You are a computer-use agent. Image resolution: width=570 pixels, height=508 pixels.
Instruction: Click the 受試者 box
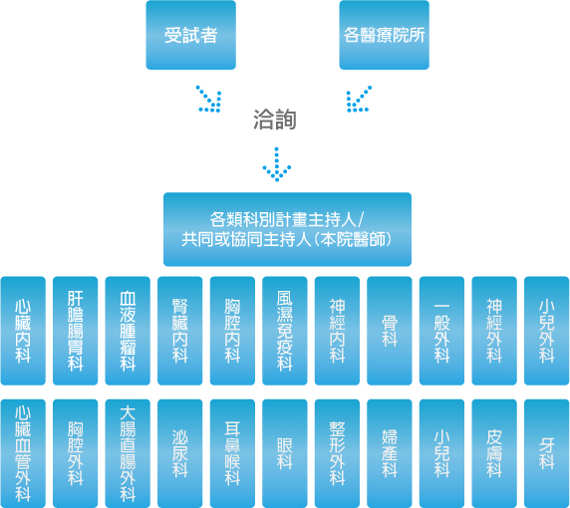tap(191, 35)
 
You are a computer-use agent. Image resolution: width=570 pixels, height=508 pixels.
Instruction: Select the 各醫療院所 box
tap(385, 35)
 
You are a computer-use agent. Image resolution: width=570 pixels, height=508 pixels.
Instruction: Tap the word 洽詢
tap(275, 120)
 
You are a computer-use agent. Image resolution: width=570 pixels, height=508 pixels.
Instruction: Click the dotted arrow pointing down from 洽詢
tap(277, 164)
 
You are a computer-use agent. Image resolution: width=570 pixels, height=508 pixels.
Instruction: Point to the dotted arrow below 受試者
tap(209, 99)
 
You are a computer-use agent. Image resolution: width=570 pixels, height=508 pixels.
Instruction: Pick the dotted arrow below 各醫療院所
tap(359, 99)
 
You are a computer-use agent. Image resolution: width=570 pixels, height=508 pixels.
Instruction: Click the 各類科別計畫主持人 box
tap(288, 229)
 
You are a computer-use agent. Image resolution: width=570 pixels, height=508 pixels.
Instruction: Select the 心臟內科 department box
tap(23, 331)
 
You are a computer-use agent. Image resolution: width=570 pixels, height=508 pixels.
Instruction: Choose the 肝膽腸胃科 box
tap(76, 331)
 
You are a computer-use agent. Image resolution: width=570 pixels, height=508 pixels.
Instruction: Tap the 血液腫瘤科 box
tap(128, 331)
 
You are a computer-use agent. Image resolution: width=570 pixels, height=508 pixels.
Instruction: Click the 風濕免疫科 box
tap(285, 331)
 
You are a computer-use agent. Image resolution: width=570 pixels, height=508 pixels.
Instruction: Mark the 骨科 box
tap(390, 331)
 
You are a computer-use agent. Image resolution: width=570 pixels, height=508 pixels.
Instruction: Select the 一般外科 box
tap(441, 331)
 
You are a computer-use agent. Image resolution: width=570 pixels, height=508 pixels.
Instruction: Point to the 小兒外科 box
tap(546, 331)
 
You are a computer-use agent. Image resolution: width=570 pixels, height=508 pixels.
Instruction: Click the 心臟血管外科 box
tap(23, 453)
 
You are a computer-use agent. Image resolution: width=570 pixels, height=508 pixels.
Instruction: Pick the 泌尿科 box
tap(180, 453)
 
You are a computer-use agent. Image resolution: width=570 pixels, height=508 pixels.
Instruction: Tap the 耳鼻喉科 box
tap(232, 453)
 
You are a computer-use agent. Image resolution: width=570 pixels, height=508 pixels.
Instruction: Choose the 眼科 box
tap(285, 453)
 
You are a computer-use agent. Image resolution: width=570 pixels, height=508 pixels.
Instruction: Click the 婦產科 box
tap(390, 453)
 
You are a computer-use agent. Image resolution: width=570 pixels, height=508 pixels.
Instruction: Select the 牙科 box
tap(546, 453)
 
